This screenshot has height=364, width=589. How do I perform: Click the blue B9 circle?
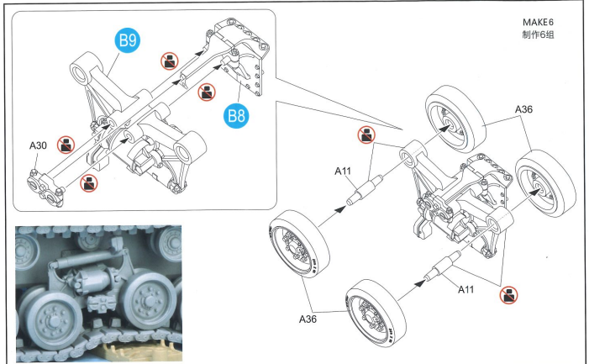click(128, 40)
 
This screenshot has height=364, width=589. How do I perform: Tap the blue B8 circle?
click(236, 115)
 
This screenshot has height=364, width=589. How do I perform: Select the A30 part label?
click(38, 145)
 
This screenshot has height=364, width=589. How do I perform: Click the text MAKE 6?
click(538, 22)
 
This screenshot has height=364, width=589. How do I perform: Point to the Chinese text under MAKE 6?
click(538, 34)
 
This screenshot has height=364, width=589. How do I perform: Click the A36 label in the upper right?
click(523, 109)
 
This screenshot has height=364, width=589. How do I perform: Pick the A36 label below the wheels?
click(308, 319)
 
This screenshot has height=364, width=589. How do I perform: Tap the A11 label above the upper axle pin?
click(343, 171)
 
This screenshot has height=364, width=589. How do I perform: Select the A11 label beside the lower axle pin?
click(465, 289)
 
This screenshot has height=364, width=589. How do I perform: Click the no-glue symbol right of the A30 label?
click(66, 145)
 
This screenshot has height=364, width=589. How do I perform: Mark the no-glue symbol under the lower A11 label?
click(508, 294)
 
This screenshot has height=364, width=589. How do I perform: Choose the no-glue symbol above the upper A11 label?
click(366, 135)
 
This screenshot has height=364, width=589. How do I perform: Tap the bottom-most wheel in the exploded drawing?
click(376, 313)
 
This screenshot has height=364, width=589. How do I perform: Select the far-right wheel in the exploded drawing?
click(545, 183)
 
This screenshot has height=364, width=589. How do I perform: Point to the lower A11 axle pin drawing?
click(442, 266)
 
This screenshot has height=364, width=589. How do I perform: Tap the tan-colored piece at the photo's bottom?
click(141, 351)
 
